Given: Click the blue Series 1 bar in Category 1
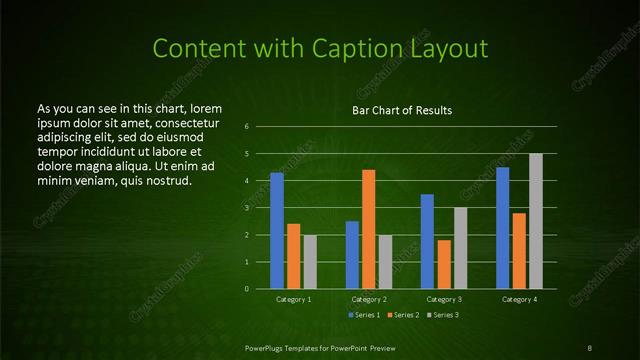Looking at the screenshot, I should click(277, 231).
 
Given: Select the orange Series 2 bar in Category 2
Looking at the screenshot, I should click(368, 229).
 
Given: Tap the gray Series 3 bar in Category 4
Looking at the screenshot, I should click(535, 221).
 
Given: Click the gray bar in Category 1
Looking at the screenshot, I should click(310, 262).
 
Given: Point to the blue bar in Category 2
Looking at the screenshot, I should click(352, 255).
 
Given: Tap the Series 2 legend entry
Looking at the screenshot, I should click(403, 315).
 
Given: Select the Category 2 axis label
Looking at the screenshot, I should click(368, 299).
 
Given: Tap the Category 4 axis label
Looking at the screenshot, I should click(518, 299).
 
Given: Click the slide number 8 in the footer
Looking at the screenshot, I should click(591, 347).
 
